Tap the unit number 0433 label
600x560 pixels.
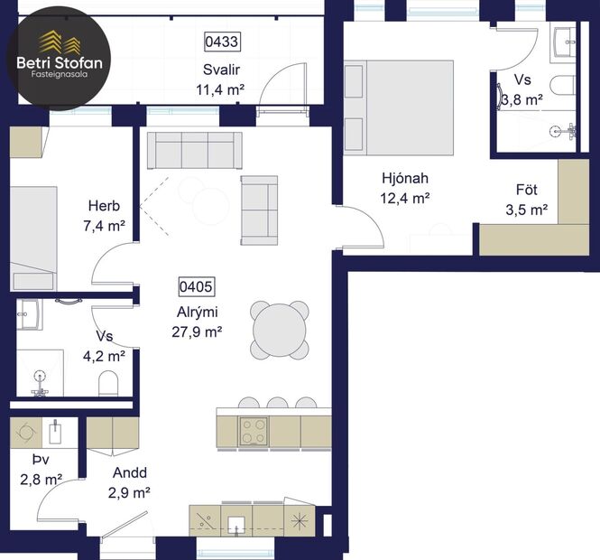(220, 42)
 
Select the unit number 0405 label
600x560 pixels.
(196, 287)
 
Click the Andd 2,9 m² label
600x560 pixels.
(130, 483)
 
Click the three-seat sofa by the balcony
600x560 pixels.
(194, 150)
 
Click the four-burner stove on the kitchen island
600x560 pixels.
(253, 431)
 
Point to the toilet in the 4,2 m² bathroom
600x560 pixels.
(109, 383)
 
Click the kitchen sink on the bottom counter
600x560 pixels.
(237, 524)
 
